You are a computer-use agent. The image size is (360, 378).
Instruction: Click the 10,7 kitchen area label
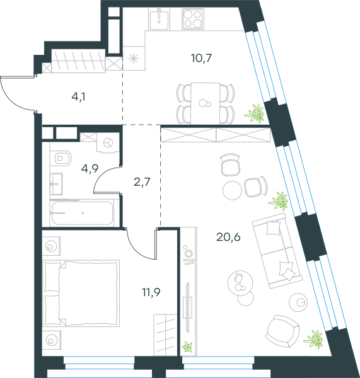(201, 58)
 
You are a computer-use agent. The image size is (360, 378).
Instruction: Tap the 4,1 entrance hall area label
(79, 97)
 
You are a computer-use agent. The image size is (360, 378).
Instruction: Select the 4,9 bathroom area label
(90, 168)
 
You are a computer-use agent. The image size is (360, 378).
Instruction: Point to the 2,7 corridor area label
(142, 182)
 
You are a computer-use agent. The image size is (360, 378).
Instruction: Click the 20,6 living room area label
(228, 237)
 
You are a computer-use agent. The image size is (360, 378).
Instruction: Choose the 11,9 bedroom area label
(151, 292)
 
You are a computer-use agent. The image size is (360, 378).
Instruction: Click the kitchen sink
(159, 19)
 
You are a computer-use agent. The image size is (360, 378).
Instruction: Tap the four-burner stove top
(192, 19)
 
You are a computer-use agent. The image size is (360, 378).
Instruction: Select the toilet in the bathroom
(61, 158)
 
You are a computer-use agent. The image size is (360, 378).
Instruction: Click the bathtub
(82, 213)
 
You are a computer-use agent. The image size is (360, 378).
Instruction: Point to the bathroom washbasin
(56, 184)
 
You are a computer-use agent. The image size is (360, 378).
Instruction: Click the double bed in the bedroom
(81, 293)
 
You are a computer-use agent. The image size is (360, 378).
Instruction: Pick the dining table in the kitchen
(206, 104)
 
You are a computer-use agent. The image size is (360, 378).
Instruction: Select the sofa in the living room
(277, 251)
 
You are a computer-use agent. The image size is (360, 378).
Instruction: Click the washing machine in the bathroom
(108, 143)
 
